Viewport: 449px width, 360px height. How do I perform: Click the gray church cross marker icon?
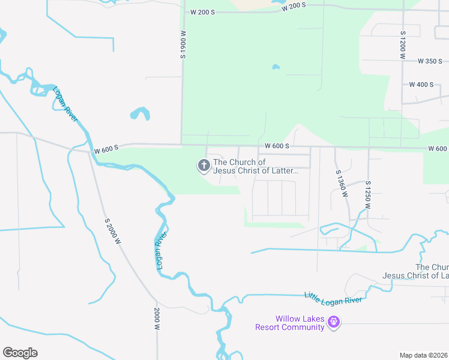tap(203, 165)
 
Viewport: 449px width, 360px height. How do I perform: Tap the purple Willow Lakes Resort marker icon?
tap(334, 323)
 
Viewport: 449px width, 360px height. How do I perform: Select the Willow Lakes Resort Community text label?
tap(289, 323)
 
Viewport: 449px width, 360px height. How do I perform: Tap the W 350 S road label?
tap(430, 61)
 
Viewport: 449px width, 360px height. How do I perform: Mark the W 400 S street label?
tap(421, 85)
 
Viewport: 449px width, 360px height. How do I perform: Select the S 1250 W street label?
tap(368, 194)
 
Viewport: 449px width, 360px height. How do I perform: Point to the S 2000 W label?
tap(113, 230)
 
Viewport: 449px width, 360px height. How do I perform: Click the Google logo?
tap(20, 353)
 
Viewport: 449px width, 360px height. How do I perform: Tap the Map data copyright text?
tap(424, 355)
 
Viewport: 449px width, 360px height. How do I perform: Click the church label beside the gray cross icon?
tap(256, 166)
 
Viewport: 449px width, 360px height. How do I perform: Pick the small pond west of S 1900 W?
tap(140, 113)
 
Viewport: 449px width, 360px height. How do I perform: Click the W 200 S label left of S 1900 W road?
tap(202, 12)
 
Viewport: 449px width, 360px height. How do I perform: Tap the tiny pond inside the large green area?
tap(276, 67)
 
